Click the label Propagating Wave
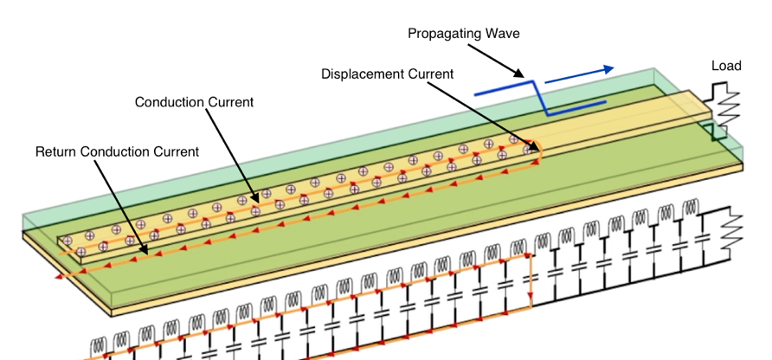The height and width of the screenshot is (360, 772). click(x=463, y=34)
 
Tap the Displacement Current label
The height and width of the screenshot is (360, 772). click(x=387, y=74)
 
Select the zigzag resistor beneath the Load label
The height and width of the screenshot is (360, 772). click(x=722, y=103)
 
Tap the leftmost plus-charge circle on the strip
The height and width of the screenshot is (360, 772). click(x=65, y=236)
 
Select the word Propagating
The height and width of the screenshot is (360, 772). click(x=444, y=34)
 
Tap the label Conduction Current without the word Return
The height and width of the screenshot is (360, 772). click(x=194, y=102)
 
